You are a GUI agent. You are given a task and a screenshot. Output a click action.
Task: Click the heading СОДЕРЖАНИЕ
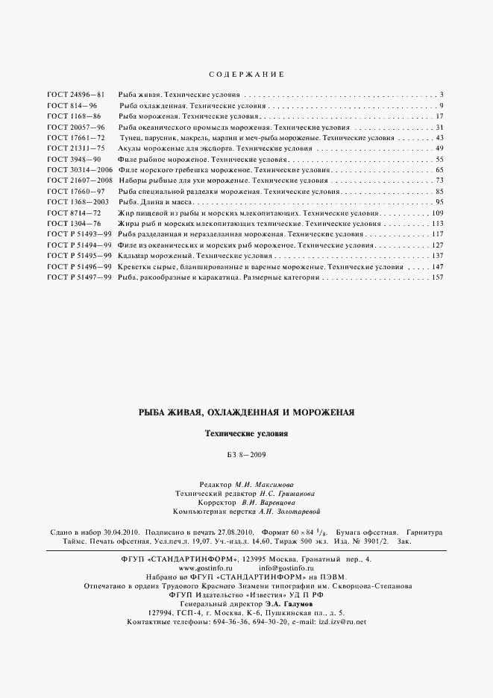pyautogui.click(x=245, y=75)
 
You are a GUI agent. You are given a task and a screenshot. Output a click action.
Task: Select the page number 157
pyautogui.click(x=438, y=277)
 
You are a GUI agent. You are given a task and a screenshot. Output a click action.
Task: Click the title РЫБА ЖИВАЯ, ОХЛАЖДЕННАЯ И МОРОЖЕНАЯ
pyautogui.click(x=246, y=412)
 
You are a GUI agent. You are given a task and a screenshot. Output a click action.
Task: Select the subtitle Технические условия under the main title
pyautogui.click(x=246, y=433)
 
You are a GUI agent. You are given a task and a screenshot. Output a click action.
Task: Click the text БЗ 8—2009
pyautogui.click(x=246, y=455)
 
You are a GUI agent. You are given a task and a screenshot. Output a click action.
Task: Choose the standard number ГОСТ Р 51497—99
pyautogui.click(x=79, y=277)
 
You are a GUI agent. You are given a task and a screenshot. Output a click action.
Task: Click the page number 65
pyautogui.click(x=440, y=170)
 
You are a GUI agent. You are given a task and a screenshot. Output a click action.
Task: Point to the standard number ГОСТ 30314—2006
pyautogui.click(x=79, y=170)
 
